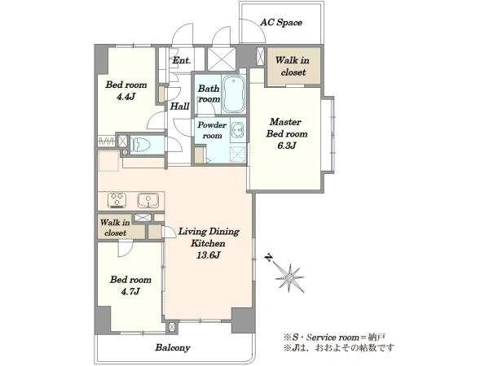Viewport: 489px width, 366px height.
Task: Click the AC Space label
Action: (281, 23)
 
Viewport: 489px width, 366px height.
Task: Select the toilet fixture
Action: (141, 145)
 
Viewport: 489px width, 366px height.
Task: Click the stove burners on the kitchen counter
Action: (117, 200)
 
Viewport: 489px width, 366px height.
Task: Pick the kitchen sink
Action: (148, 200)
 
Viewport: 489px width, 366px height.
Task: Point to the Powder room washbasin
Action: (238, 130)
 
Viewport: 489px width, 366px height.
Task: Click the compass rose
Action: (289, 277)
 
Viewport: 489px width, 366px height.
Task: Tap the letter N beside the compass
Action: (268, 257)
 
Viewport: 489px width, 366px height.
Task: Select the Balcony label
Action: (173, 347)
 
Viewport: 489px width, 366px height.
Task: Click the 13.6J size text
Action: (209, 255)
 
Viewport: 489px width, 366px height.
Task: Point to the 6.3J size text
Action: (286, 146)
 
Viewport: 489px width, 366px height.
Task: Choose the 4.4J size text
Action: (126, 97)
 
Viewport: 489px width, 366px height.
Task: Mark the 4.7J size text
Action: (130, 291)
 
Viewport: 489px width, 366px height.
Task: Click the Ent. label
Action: (182, 60)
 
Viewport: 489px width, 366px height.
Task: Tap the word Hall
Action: (179, 107)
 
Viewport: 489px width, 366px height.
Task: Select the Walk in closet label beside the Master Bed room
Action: (293, 66)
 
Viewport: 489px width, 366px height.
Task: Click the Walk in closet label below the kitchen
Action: (115, 228)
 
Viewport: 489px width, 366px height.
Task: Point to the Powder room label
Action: (212, 130)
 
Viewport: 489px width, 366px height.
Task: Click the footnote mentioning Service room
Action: (335, 337)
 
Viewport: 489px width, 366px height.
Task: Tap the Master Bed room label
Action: (287, 128)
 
